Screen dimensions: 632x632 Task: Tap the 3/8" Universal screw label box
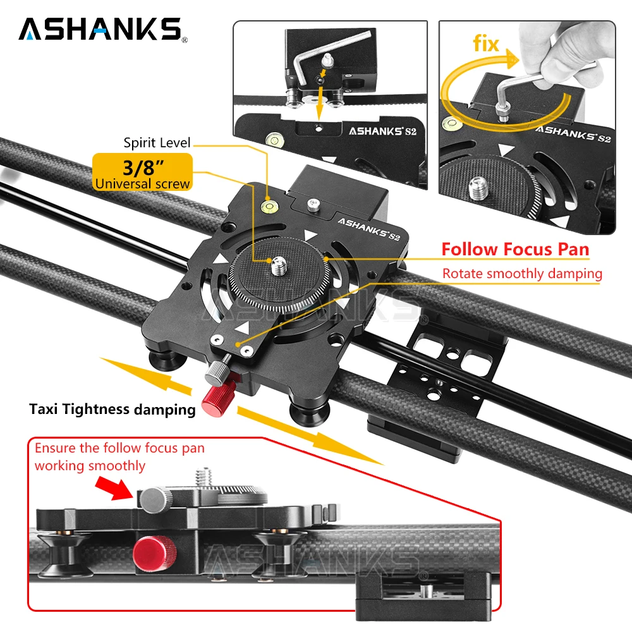(x=142, y=173)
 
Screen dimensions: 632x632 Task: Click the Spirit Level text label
(x=157, y=143)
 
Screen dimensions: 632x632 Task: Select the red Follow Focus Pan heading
(x=515, y=249)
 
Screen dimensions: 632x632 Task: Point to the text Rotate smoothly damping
(x=521, y=274)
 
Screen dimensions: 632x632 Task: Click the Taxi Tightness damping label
(x=112, y=410)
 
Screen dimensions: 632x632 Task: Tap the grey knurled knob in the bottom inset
(x=152, y=500)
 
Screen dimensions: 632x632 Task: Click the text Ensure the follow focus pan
(x=119, y=449)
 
